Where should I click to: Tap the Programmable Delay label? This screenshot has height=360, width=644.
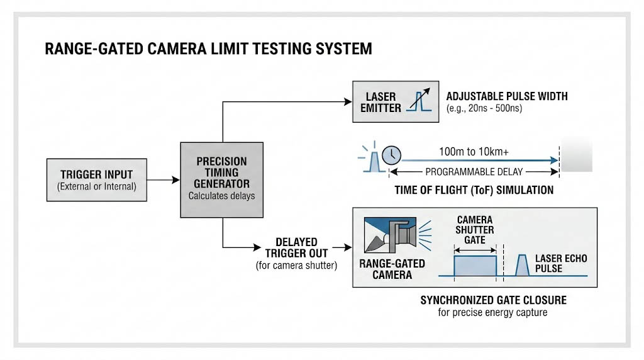tap(474, 172)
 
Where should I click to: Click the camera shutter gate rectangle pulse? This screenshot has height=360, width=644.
tap(475, 266)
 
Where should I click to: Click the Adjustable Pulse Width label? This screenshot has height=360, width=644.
tap(507, 96)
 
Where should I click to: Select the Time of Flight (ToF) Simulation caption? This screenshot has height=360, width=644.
tap(474, 190)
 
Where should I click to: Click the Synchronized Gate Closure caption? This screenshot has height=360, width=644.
tap(493, 300)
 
